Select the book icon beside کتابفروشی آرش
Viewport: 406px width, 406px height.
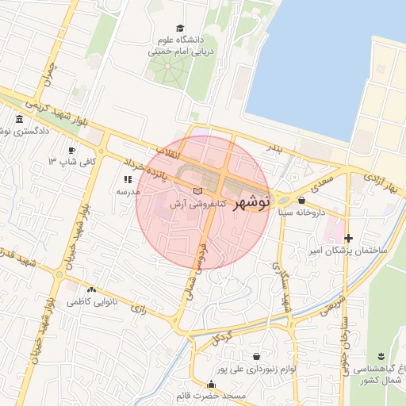pyautogui.click(x=198, y=191)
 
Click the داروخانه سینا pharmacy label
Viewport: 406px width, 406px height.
pyautogui.click(x=301, y=213)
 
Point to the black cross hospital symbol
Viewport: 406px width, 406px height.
pyautogui.click(x=348, y=238)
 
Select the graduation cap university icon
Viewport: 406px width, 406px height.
pyautogui.click(x=180, y=29)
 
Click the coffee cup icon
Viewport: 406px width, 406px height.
pyautogui.click(x=72, y=150)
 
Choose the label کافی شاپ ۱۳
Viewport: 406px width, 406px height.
pyautogui.click(x=72, y=162)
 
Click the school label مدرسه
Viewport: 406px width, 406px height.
pyautogui.click(x=128, y=191)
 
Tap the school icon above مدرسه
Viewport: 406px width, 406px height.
pyautogui.click(x=128, y=180)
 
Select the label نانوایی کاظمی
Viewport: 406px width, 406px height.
pyautogui.click(x=92, y=302)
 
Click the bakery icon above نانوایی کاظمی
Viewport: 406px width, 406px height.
pyautogui.click(x=92, y=290)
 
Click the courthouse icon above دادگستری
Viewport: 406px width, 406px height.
pyautogui.click(x=19, y=118)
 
